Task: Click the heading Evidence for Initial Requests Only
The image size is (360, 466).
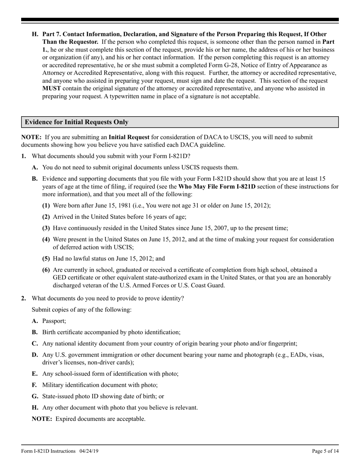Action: click(77, 122)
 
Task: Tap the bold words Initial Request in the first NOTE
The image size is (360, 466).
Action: click(129, 137)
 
